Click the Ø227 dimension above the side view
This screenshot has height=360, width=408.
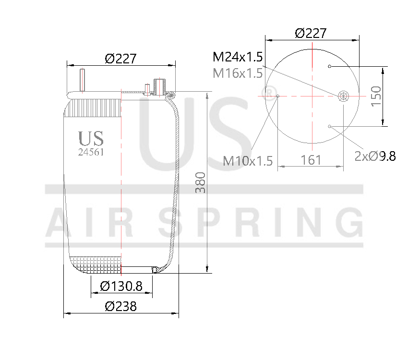coord(121,59)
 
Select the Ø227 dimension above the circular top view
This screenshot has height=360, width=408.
coord(311,33)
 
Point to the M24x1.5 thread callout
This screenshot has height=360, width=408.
coord(238,58)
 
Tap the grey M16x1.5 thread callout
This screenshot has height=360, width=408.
coord(238,73)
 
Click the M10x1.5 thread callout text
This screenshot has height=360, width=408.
coord(248,161)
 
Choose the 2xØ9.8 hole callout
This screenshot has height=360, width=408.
coord(375,156)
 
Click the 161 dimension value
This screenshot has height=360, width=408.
coord(311,160)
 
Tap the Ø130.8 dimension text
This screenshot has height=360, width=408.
coord(121,287)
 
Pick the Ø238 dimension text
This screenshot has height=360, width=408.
coord(120,306)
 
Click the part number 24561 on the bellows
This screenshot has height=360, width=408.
coord(91,152)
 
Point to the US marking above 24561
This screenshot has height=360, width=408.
coord(91,139)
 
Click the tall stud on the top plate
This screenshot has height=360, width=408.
coord(83,80)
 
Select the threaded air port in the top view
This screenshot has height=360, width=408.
coord(343,96)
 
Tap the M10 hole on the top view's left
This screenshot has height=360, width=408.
coord(278,96)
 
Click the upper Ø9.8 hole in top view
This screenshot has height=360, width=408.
coord(330,66)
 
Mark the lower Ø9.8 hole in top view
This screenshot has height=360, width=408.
coord(330,126)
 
